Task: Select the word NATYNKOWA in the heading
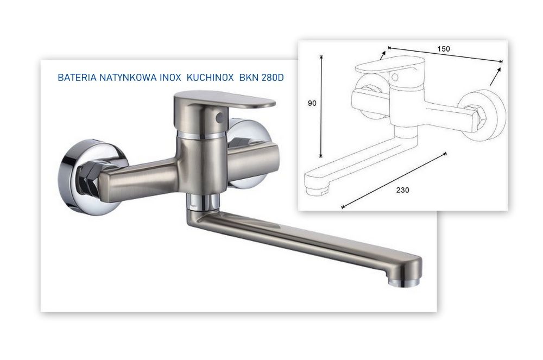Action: [128, 78]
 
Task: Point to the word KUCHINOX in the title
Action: [210, 78]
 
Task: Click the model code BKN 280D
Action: [262, 78]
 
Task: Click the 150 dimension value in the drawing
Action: [444, 49]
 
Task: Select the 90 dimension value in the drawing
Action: [312, 103]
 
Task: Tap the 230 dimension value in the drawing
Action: [403, 190]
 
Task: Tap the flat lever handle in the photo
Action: [228, 102]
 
